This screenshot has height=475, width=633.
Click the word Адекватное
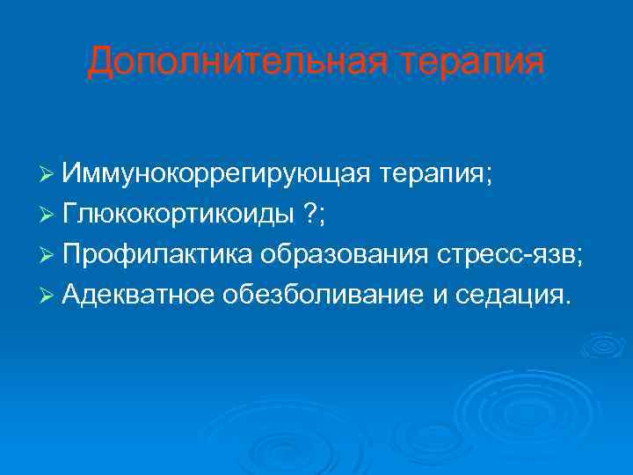pyautogui.click(x=149, y=295)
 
